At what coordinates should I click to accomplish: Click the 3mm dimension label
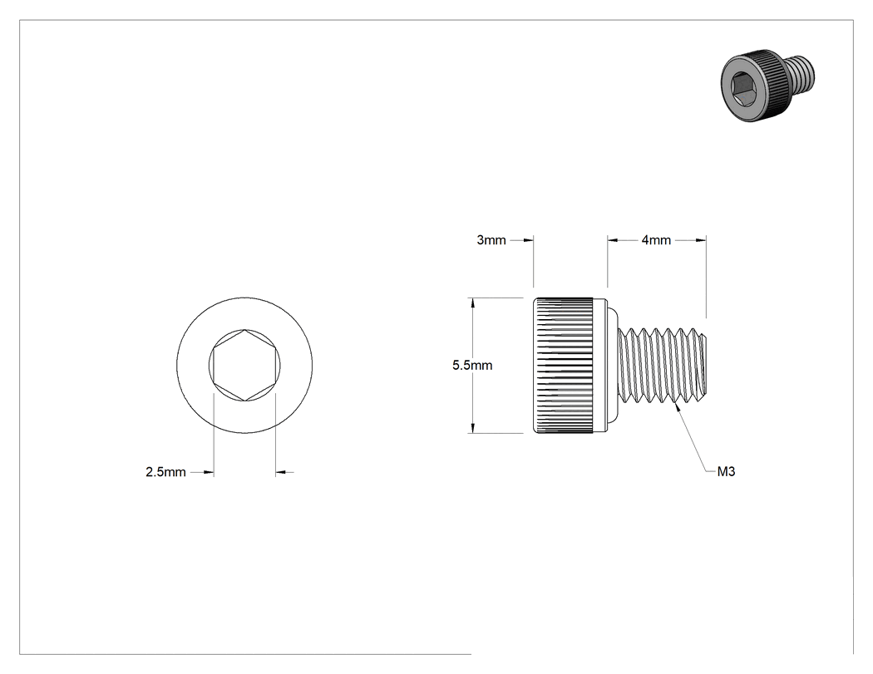pyautogui.click(x=491, y=240)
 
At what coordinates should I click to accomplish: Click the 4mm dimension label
pyautogui.click(x=657, y=240)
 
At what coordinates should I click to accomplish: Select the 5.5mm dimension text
pyautogui.click(x=472, y=365)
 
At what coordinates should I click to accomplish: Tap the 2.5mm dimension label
pyautogui.click(x=165, y=472)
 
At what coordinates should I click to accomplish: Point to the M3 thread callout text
pyautogui.click(x=726, y=471)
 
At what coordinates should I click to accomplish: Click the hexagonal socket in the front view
pyautogui.click(x=244, y=365)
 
